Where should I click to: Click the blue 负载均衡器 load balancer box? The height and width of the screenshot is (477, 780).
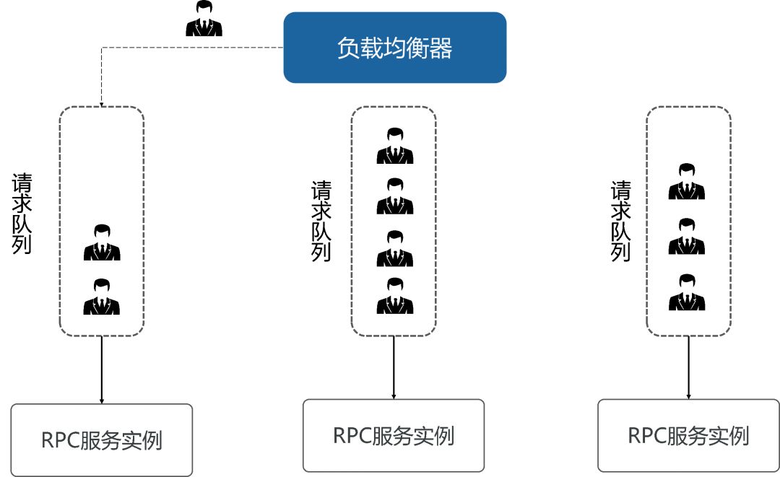coord(394,48)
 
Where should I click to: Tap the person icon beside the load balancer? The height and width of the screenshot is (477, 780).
coord(204,19)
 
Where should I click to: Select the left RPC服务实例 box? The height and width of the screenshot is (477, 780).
coord(102,439)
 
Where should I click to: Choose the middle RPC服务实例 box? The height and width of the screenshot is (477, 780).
coord(394,435)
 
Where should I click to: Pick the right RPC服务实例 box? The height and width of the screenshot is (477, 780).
coord(688,436)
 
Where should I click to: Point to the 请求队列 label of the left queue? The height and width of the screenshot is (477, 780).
coord(22,213)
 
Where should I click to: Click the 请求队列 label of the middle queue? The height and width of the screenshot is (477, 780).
coord(321,220)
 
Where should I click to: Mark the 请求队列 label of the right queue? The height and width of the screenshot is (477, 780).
coord(621,220)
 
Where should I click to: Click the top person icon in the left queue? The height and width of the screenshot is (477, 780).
coord(102,243)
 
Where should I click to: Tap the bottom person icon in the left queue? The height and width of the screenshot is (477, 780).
coord(102,297)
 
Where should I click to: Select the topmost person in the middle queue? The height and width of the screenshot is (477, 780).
coord(395,146)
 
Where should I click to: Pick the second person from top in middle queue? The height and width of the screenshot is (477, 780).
coord(395,196)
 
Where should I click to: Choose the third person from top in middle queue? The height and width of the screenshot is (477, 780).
coord(395,249)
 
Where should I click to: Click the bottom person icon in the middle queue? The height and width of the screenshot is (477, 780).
coord(395,296)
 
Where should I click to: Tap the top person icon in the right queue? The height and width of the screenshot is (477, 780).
coord(686,182)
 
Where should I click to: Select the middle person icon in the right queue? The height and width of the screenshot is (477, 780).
coord(686,237)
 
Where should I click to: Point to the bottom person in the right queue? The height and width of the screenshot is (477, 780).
coord(686,292)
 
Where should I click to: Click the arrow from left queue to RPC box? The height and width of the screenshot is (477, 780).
coord(102,369)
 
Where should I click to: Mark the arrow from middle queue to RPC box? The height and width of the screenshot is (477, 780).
coord(394,367)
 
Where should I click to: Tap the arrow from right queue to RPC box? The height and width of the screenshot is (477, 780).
coord(688,367)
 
